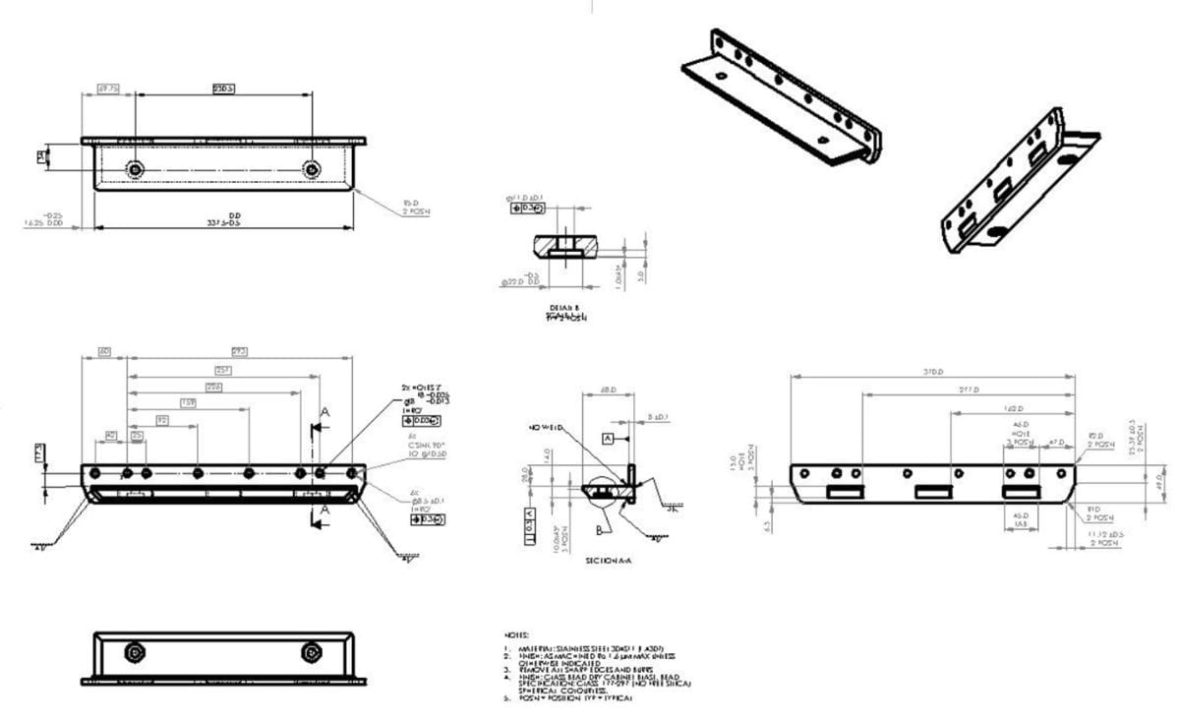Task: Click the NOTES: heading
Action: pos(517,635)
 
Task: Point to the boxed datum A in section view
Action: pos(608,436)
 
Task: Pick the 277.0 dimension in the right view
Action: pos(968,390)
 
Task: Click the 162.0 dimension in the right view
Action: pos(1013,408)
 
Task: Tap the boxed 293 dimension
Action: pos(239,351)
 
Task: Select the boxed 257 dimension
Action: pos(224,370)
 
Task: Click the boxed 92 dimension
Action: pos(162,420)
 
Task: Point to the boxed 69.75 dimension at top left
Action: pos(108,90)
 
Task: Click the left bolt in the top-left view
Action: pos(135,170)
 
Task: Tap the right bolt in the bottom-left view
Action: pos(313,652)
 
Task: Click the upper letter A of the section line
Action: pos(324,414)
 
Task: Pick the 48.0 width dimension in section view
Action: pos(608,391)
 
